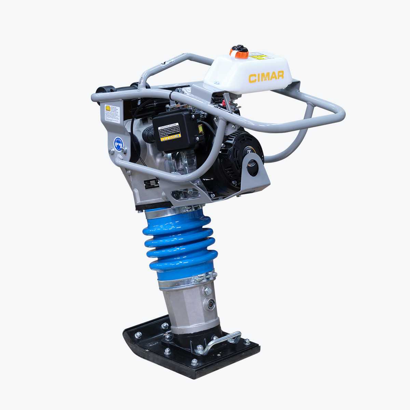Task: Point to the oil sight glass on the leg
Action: tap(211, 303)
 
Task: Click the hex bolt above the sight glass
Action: tap(207, 291)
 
